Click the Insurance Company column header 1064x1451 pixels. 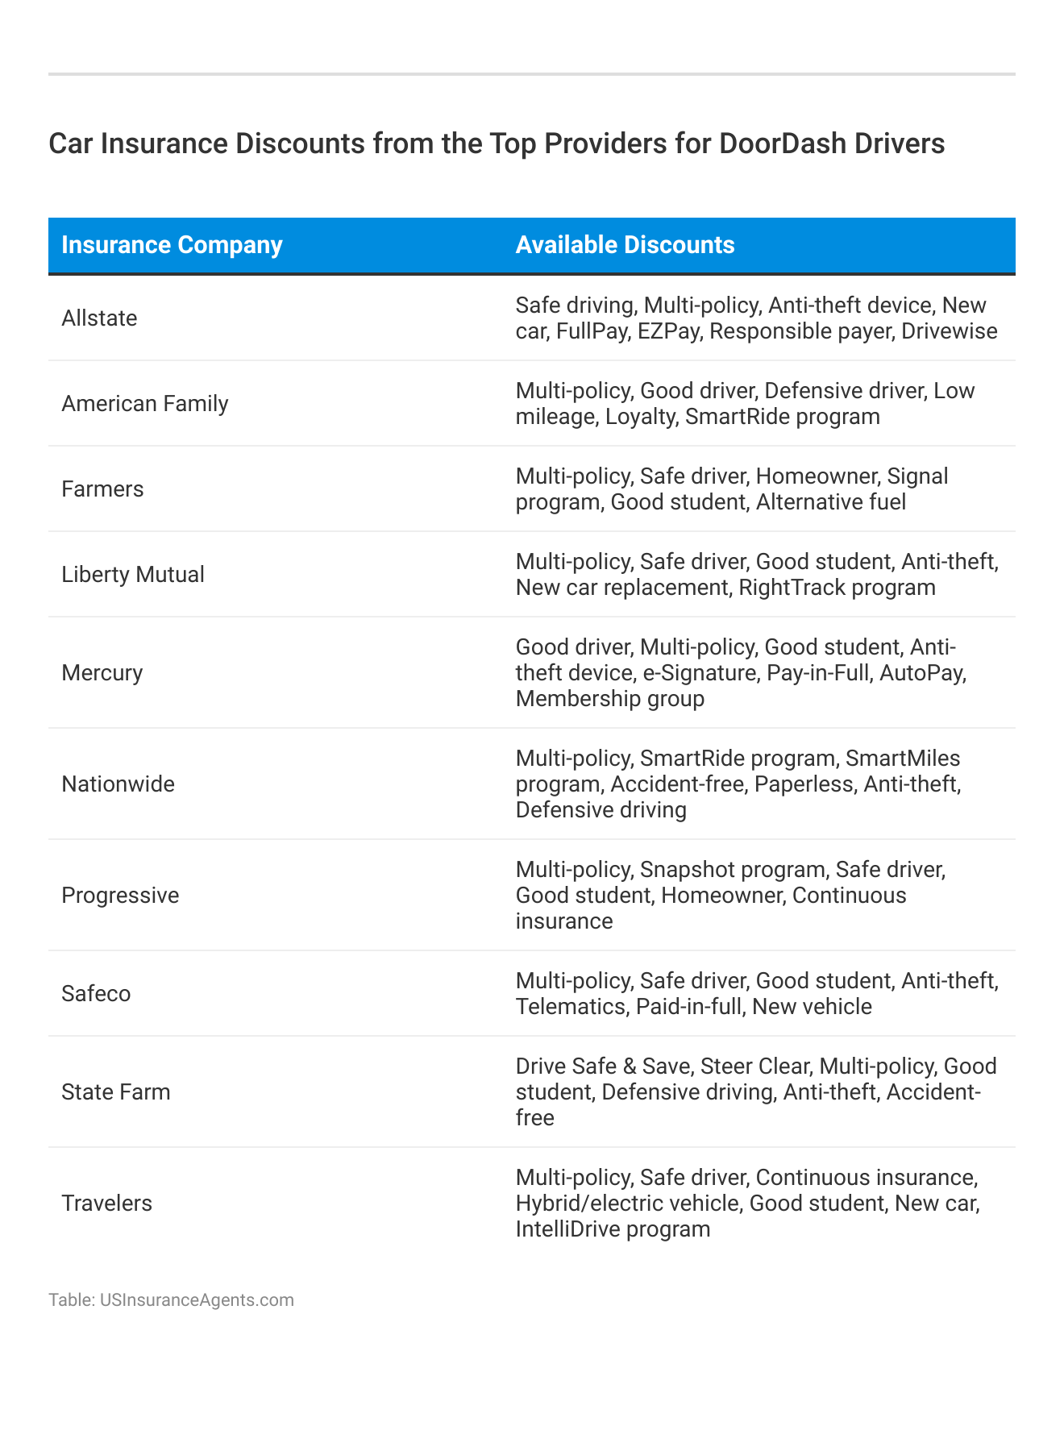click(x=172, y=245)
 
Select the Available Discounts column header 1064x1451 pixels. click(x=625, y=245)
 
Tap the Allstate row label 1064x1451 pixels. click(x=99, y=318)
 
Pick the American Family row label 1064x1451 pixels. click(x=145, y=404)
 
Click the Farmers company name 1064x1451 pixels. click(x=102, y=489)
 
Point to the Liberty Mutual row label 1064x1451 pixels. click(x=133, y=575)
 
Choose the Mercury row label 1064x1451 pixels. click(x=102, y=673)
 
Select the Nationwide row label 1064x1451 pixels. click(x=118, y=784)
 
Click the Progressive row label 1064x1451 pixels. click(x=120, y=896)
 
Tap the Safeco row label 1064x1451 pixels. click(x=96, y=994)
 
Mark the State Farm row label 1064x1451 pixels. click(x=116, y=1092)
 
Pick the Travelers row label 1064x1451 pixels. click(x=106, y=1204)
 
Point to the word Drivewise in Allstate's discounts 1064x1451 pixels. click(x=949, y=331)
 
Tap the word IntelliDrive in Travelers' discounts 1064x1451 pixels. click(x=571, y=1229)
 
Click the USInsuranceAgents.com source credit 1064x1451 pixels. click(x=197, y=1300)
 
